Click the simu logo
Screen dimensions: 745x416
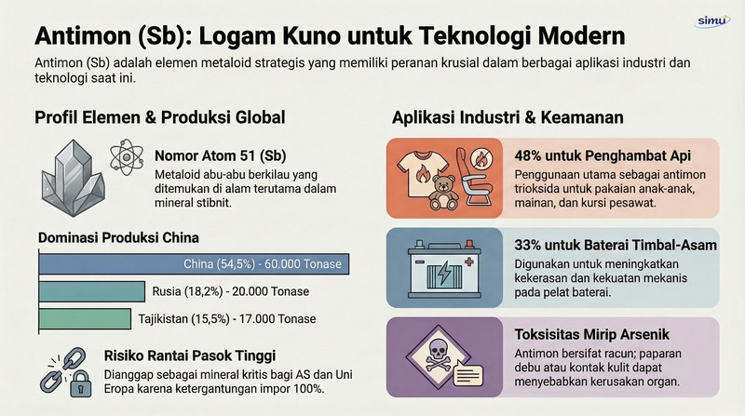point(711,21)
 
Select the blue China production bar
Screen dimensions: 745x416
point(194,264)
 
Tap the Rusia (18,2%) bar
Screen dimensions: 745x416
point(91,291)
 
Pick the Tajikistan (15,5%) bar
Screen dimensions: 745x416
point(85,319)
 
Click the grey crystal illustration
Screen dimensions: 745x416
point(73,178)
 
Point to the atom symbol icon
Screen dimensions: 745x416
point(127,156)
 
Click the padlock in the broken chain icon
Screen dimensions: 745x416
point(81,384)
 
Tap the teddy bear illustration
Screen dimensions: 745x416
point(443,194)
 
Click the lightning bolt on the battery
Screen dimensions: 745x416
point(445,274)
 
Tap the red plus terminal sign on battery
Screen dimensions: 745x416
point(469,262)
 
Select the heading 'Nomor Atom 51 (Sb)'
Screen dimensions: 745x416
point(221,155)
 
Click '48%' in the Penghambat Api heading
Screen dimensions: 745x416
point(528,155)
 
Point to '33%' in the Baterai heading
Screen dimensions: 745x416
point(527,245)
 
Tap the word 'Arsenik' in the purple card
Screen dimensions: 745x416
point(643,334)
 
